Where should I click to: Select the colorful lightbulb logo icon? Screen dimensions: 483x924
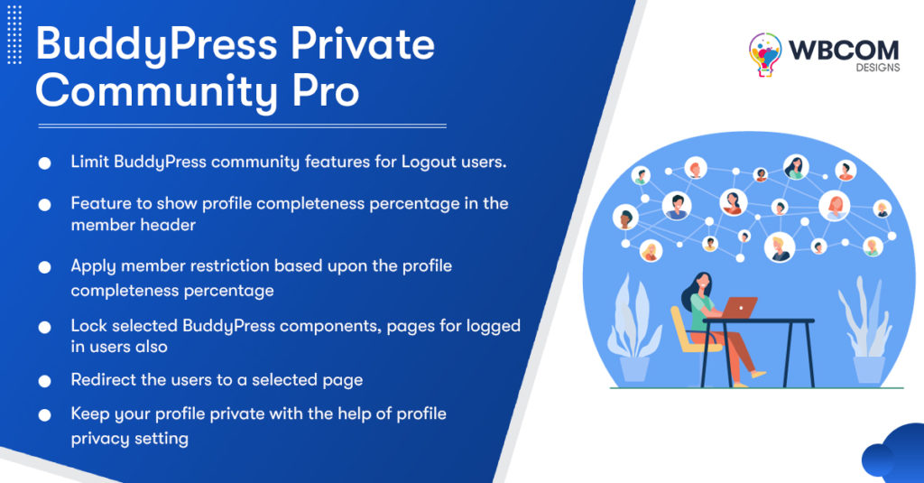(x=765, y=55)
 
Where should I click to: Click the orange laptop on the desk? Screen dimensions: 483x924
(x=742, y=306)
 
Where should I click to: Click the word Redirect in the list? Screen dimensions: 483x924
(x=105, y=380)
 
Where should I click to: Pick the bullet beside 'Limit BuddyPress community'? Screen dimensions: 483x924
(x=44, y=163)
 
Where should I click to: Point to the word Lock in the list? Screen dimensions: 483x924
(x=88, y=326)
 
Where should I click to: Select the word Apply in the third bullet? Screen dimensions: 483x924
(x=94, y=266)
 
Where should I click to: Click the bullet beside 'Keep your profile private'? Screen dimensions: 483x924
(x=44, y=415)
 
